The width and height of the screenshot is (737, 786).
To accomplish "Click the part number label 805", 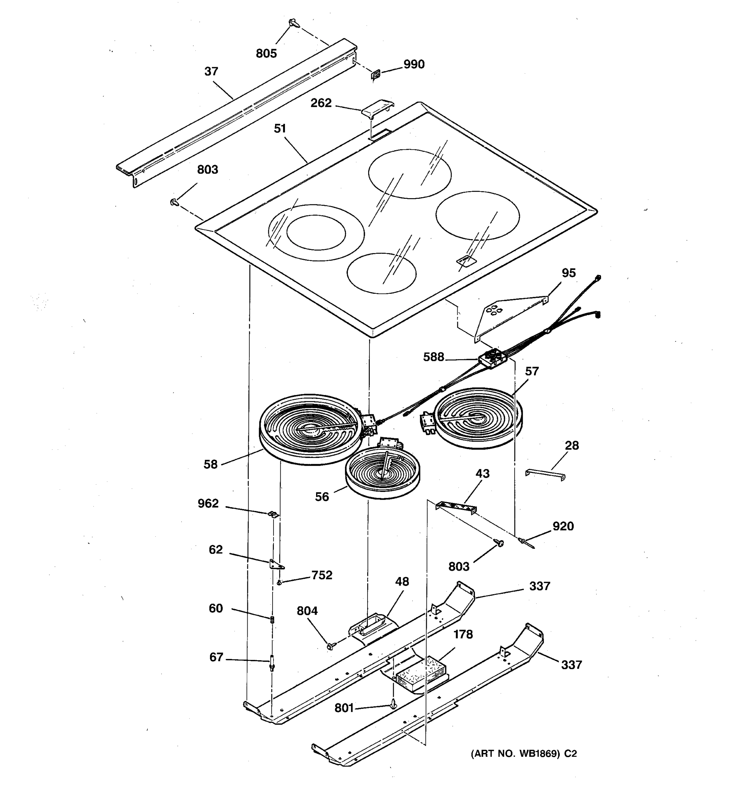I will point(266,53).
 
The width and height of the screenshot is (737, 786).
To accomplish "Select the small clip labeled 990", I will point(376,74).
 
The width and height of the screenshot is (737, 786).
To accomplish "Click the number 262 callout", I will point(321,103).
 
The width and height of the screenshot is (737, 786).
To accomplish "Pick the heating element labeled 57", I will point(477,418).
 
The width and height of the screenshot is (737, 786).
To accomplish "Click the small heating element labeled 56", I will point(382,473).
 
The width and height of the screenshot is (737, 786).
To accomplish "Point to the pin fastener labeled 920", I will point(526,542).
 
